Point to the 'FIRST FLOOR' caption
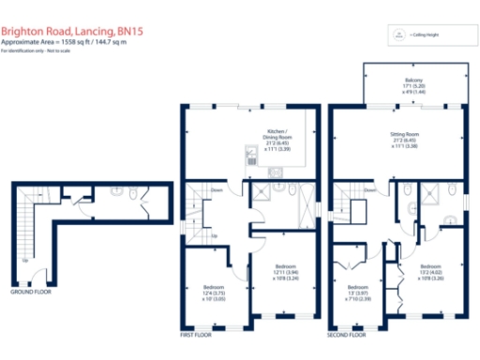[196, 334]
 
